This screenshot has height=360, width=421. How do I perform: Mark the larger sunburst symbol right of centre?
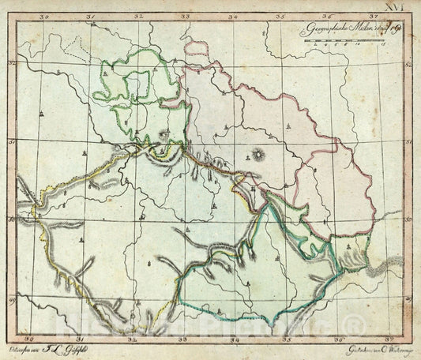pyautogui.click(x=259, y=152)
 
